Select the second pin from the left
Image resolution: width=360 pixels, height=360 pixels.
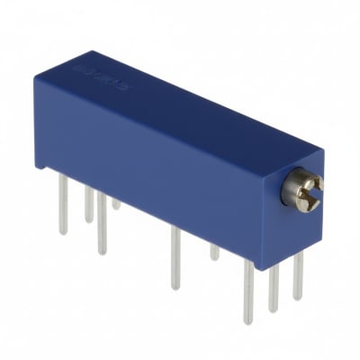tap(88, 202)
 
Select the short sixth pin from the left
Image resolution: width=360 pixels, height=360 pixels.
tap(214, 251)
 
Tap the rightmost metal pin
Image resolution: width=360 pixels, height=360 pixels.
tap(297, 274)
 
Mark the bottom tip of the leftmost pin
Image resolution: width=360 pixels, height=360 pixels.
tap(63, 233)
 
